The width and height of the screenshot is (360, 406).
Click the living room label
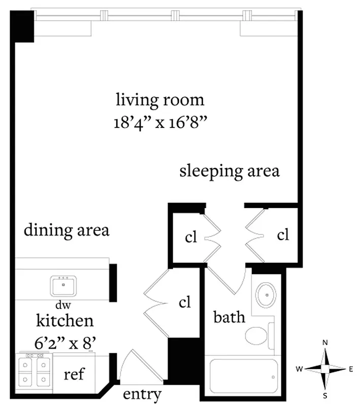pos(160,99)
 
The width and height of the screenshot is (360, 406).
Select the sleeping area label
pos(230,171)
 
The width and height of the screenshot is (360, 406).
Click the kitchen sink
pos(63,286)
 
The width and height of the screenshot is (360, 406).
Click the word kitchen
pos(64,321)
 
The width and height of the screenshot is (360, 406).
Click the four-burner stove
pos(32,371)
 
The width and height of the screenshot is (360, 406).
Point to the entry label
pos(142,394)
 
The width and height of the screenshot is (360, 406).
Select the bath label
pos(230,318)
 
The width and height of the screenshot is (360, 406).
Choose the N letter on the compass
pos(325,344)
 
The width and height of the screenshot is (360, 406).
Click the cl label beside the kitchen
pos(185,302)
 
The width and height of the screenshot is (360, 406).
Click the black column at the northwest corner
pos(22,26)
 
